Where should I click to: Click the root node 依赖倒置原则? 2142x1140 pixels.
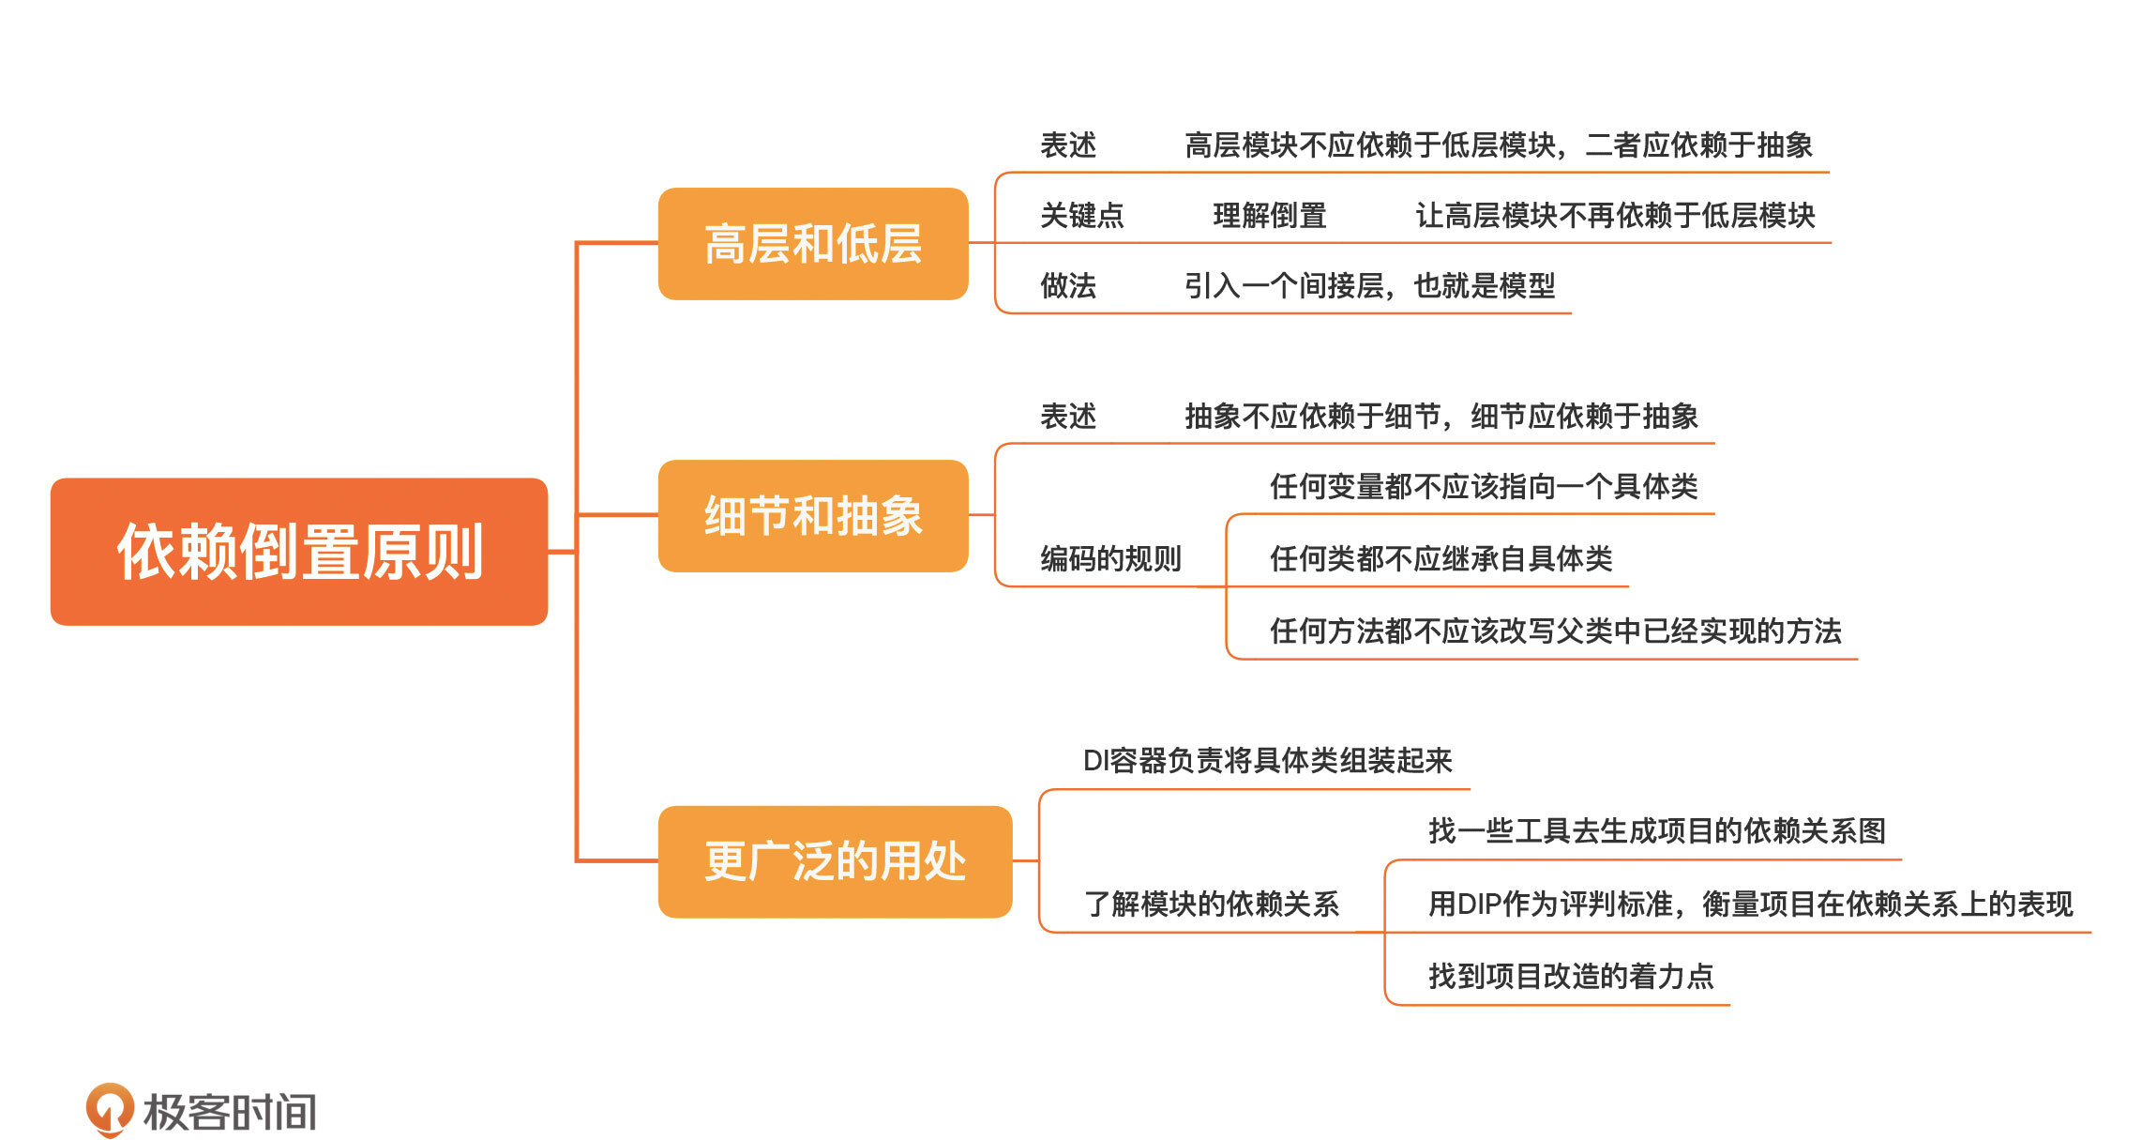point(299,552)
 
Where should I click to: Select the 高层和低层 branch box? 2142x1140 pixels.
point(813,244)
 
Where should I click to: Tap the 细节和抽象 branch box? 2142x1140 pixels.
point(813,516)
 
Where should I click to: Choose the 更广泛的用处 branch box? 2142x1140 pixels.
point(835,861)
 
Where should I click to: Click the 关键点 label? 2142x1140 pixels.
point(1081,216)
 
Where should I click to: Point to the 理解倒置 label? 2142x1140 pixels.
point(1269,216)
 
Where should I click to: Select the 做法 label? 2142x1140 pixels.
point(1067,285)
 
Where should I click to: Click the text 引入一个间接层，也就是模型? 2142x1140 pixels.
point(1369,285)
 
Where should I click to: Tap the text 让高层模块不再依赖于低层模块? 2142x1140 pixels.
point(1615,216)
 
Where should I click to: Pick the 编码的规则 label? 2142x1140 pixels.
point(1110,559)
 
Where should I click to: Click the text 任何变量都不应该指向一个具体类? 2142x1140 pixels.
point(1484,487)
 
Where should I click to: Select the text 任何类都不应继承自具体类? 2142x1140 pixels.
point(1441,559)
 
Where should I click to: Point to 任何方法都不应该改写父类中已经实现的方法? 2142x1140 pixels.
point(1555,631)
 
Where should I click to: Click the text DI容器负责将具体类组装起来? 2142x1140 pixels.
point(1267,761)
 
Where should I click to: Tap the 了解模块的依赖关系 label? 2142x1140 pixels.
point(1211,904)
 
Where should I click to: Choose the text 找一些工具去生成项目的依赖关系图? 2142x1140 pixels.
point(1656,831)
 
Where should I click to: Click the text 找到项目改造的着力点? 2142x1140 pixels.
point(1571,977)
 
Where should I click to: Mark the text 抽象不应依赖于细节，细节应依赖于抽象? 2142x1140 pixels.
point(1441,417)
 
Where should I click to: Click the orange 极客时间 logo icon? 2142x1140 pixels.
point(110,1109)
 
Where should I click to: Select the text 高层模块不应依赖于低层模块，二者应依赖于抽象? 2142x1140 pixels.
point(1498,145)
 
